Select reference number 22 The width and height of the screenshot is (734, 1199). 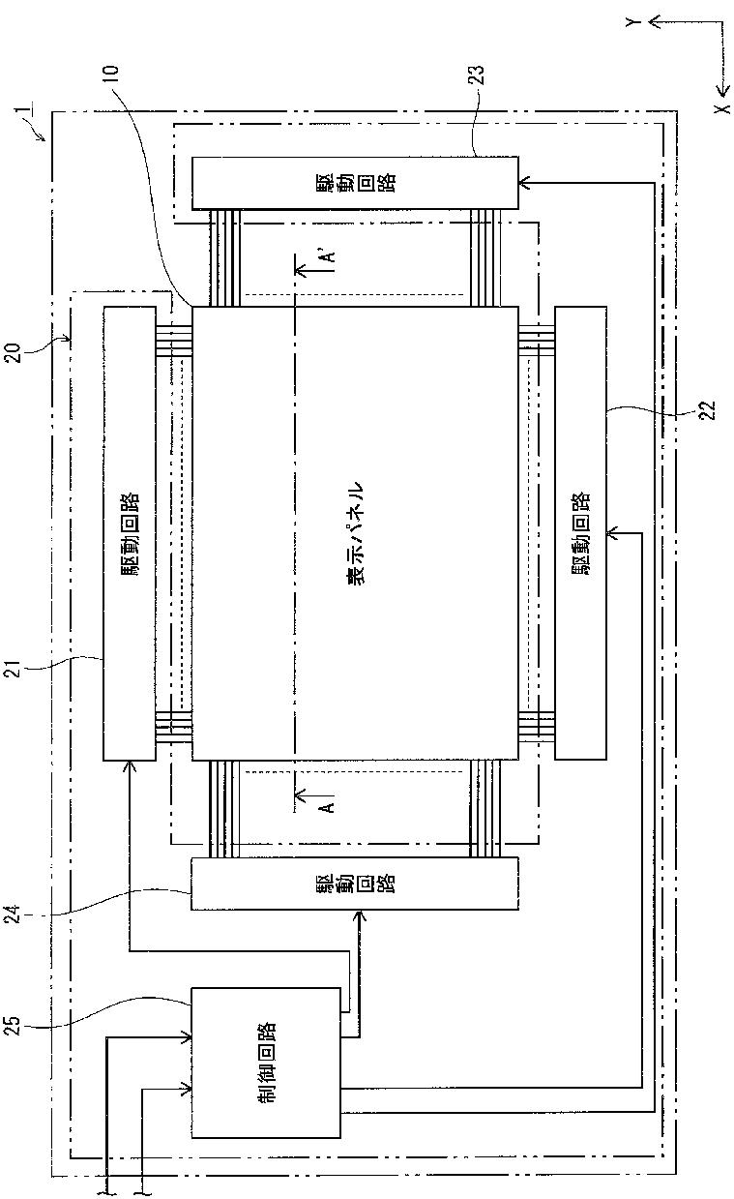tap(708, 410)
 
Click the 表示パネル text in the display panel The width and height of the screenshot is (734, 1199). tap(354, 533)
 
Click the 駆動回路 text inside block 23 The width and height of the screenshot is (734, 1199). tap(354, 183)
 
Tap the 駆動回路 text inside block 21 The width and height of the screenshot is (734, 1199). tap(130, 533)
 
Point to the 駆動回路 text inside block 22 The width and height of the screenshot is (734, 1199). tap(580, 533)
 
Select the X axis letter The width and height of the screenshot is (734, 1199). tap(723, 108)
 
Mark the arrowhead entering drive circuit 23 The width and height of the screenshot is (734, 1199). tap(524, 183)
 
